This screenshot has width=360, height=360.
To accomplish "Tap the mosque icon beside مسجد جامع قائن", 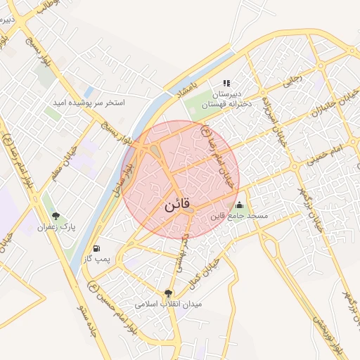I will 240,205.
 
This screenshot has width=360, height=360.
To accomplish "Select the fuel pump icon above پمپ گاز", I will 96,248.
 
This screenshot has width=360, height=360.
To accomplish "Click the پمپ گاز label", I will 96,260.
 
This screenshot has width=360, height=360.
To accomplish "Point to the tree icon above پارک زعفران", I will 56,216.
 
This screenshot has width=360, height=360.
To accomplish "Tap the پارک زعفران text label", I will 57,228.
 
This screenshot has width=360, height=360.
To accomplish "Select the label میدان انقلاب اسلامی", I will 168,304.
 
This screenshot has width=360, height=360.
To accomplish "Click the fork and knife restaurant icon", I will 226,83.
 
